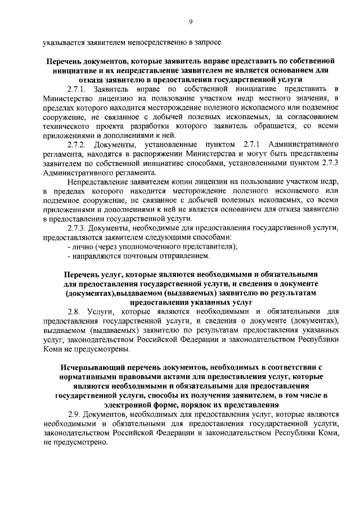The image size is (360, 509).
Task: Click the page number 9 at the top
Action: tap(191, 21)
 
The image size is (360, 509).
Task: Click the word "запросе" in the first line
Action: tap(209, 42)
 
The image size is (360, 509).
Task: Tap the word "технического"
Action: tap(66, 127)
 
